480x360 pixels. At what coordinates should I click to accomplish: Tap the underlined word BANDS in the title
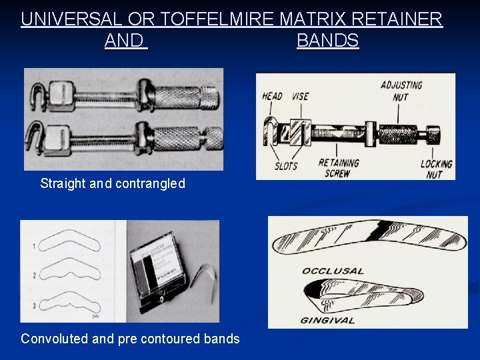[x=327, y=41]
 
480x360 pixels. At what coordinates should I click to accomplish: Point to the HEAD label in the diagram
[x=272, y=96]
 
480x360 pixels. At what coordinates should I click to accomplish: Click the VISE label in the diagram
[x=301, y=96]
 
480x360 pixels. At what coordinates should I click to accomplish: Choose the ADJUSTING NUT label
[x=401, y=91]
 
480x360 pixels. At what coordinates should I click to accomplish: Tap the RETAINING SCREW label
[x=339, y=167]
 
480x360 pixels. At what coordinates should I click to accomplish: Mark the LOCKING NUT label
[x=436, y=169]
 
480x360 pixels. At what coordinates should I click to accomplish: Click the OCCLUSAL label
[x=333, y=271]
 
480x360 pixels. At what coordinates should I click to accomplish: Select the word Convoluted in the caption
[x=54, y=339]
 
